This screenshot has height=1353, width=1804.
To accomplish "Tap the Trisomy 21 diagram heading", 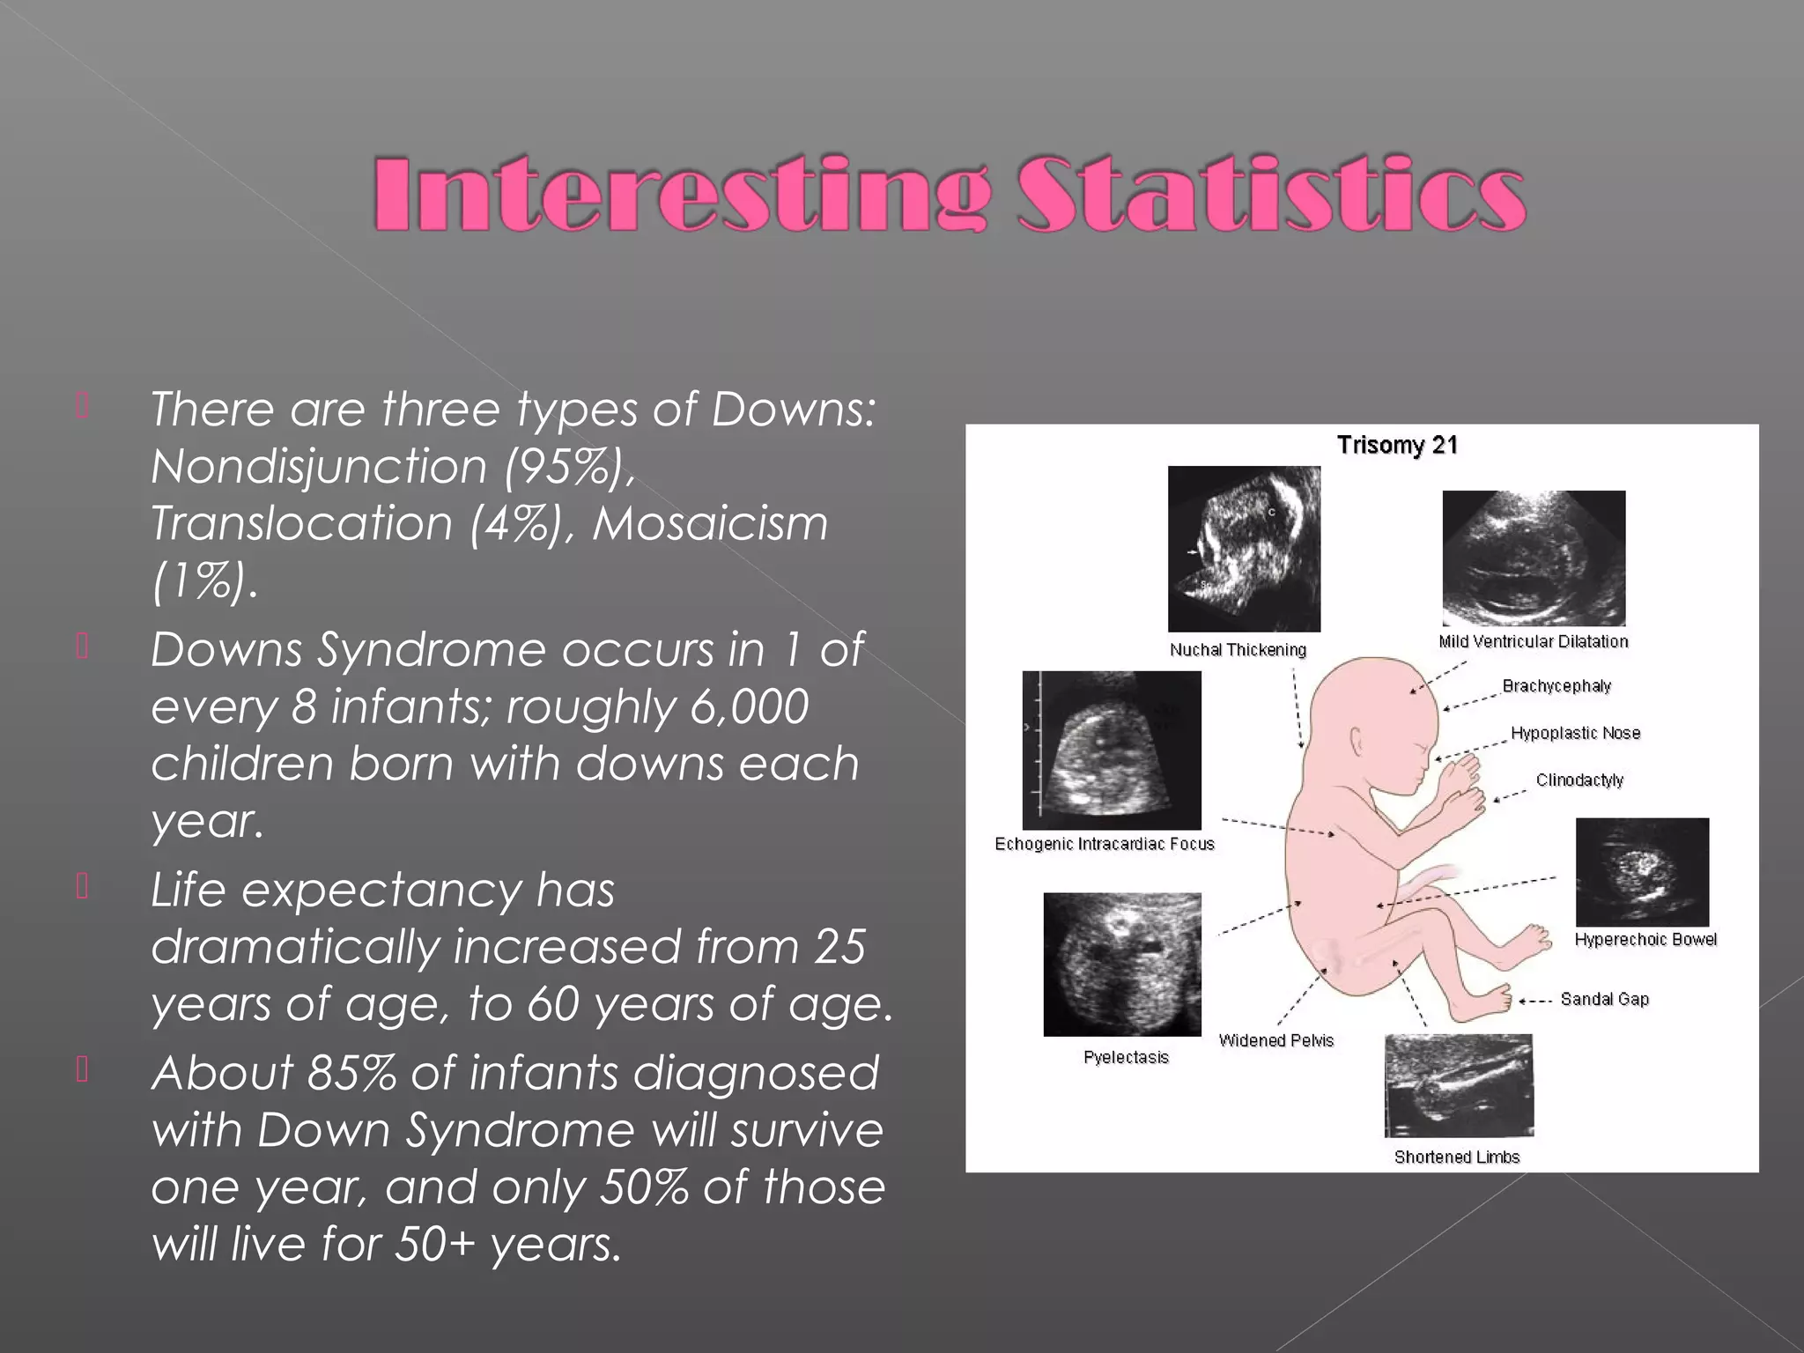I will coord(1397,445).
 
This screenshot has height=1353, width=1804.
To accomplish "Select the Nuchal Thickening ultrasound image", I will coord(1244,549).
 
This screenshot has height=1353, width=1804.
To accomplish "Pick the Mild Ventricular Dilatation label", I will coord(1533,641).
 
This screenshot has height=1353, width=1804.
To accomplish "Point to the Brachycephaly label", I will coord(1556,686).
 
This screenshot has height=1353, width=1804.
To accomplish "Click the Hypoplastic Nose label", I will coord(1575,733).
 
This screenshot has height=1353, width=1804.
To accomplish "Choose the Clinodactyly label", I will coord(1579,780).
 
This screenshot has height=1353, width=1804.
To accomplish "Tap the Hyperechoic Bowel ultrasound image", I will coord(1642,872).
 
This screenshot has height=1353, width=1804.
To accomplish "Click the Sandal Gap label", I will coord(1604,999).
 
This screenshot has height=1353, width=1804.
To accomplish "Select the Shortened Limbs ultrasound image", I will coord(1459,1086).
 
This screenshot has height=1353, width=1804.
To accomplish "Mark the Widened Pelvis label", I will coord(1275,1040).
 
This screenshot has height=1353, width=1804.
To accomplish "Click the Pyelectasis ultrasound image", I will coord(1122,965).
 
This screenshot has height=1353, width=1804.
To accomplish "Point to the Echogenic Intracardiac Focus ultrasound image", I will coord(1112,750).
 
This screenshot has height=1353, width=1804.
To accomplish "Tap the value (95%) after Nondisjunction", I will coord(569,466).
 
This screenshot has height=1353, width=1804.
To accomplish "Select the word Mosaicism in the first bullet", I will coord(710,523).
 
